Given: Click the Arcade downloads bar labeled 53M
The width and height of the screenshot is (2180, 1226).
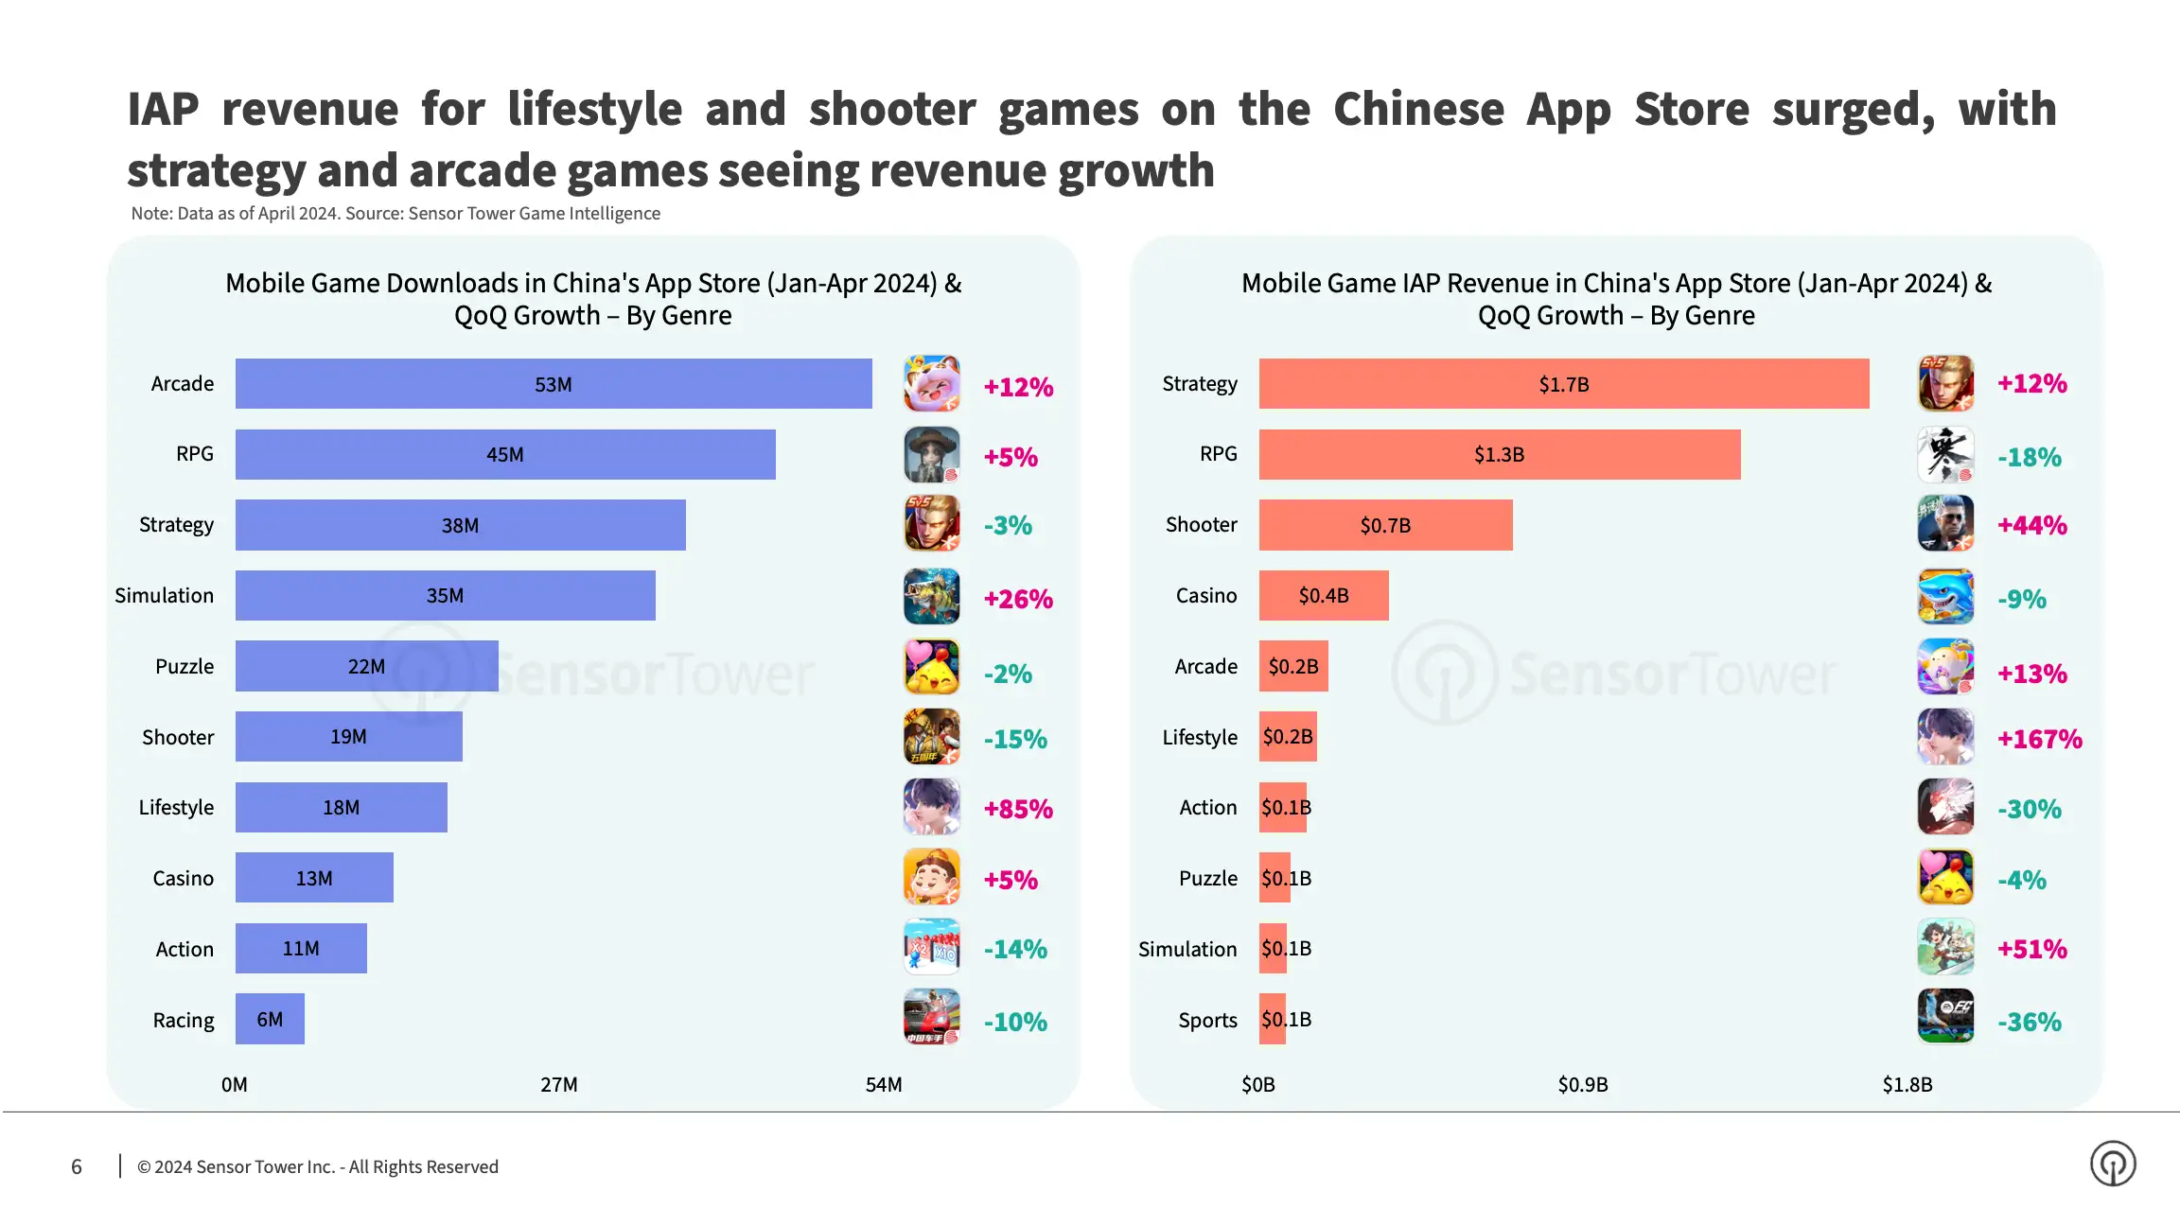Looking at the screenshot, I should pyautogui.click(x=554, y=384).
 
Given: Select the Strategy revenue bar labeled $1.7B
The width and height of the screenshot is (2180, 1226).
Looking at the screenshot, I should pyautogui.click(x=1563, y=384).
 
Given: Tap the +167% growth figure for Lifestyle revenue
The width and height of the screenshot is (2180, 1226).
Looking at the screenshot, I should pyautogui.click(x=2039, y=739).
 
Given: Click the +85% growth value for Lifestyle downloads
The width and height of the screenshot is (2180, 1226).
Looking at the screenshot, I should pyautogui.click(x=1018, y=809).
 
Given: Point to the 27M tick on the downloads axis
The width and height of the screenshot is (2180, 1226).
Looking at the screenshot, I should pyautogui.click(x=558, y=1084).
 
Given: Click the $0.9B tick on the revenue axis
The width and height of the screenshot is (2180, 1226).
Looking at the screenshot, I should pyautogui.click(x=1582, y=1084).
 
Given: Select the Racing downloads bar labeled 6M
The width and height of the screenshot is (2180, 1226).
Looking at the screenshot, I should pyautogui.click(x=270, y=1019).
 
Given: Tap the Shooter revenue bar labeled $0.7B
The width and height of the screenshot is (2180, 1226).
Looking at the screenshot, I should pyautogui.click(x=1385, y=525).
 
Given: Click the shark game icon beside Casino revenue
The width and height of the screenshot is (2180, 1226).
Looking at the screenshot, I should pyautogui.click(x=1945, y=596).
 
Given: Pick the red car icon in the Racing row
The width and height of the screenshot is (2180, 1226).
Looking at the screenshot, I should pyautogui.click(x=931, y=1017).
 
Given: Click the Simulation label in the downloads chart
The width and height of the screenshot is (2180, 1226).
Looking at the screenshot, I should pyautogui.click(x=164, y=595).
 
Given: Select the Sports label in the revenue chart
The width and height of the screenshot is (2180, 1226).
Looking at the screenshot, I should pyautogui.click(x=1207, y=1020).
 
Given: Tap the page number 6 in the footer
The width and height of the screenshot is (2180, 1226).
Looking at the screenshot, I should pyautogui.click(x=77, y=1166).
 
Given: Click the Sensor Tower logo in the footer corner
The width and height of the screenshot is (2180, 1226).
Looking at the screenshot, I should pyautogui.click(x=2112, y=1164).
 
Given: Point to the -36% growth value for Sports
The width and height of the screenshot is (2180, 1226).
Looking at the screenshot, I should pyautogui.click(x=2029, y=1022).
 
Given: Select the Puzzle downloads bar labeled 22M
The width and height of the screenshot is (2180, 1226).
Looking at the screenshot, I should pyautogui.click(x=366, y=666).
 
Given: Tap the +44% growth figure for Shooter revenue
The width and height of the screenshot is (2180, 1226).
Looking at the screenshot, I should pyautogui.click(x=2031, y=525).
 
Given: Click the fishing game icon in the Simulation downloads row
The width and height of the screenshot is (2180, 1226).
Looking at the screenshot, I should pyautogui.click(x=931, y=596).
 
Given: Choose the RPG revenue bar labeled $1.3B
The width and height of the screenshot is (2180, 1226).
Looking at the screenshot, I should pyautogui.click(x=1499, y=455).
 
